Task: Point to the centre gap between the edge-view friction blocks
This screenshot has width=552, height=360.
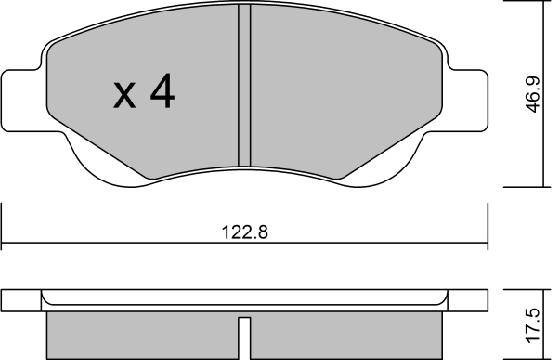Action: [x=243, y=330]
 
